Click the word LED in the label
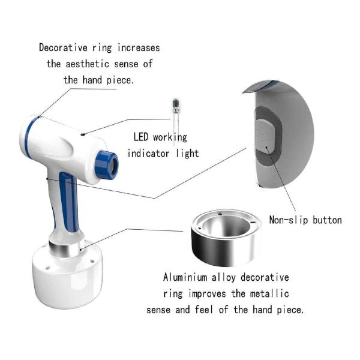141,137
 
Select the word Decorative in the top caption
63,48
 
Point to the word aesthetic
87,64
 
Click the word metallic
269,293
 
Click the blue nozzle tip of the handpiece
107,165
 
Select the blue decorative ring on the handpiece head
30,136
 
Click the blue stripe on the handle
68,202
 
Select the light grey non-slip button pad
265,136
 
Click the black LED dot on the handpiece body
83,134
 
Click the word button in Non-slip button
327,220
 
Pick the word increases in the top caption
139,48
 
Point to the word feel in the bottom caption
204,310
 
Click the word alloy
224,278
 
